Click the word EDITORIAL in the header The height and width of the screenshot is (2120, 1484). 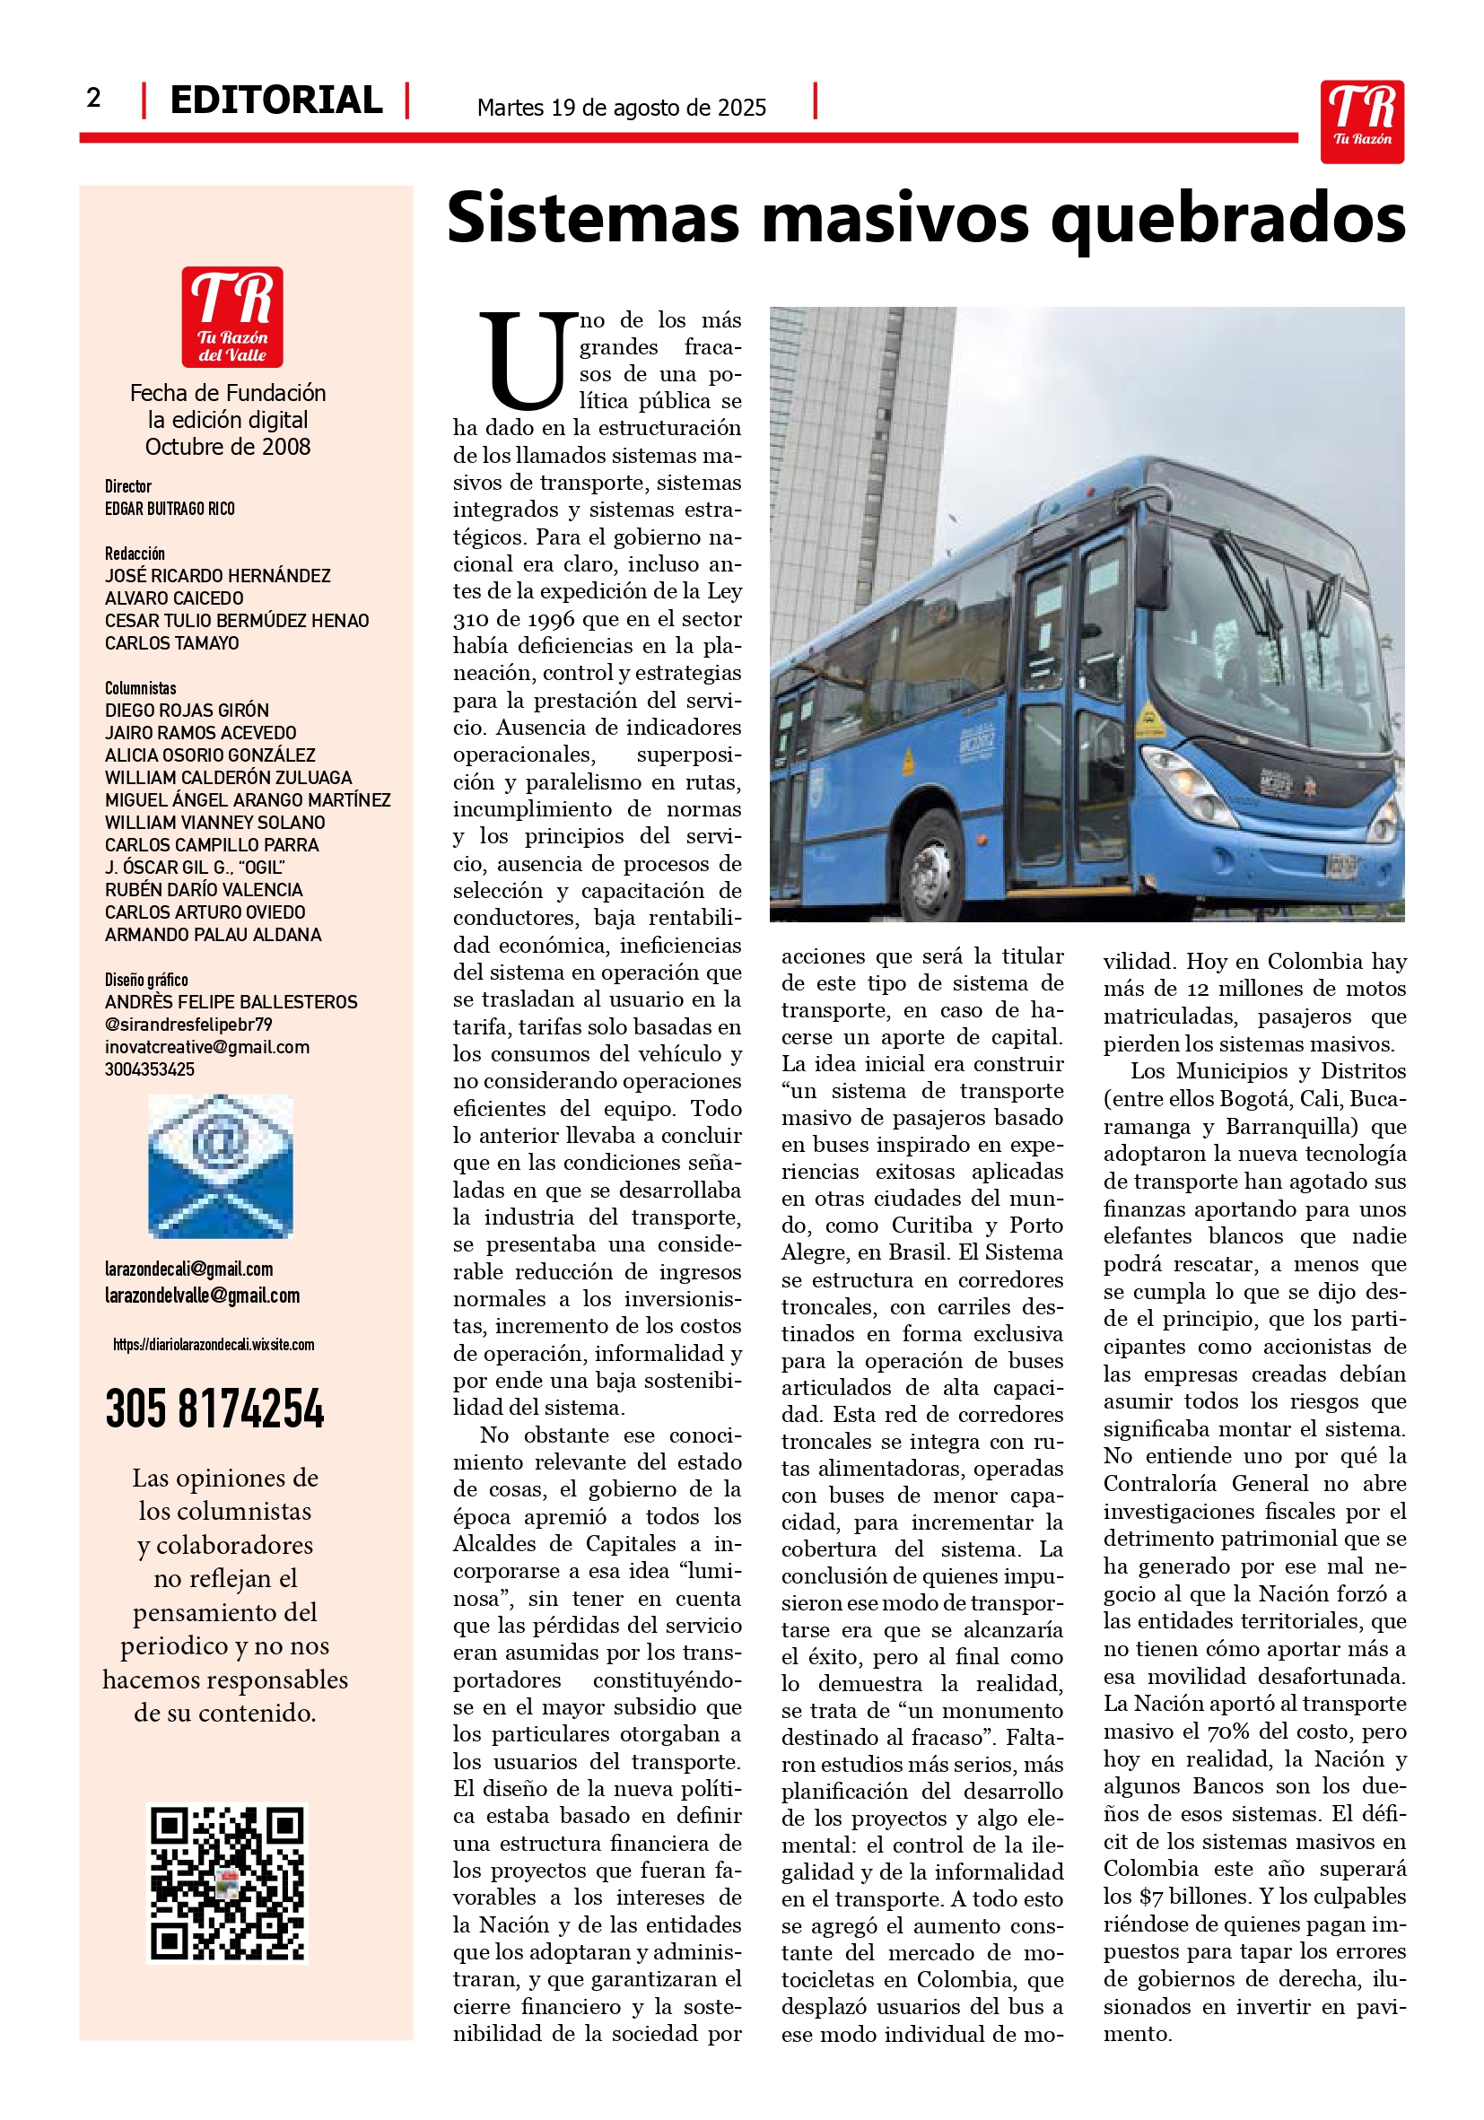click(275, 100)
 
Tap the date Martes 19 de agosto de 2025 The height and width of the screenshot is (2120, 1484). click(621, 108)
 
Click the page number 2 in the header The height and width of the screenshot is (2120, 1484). click(93, 98)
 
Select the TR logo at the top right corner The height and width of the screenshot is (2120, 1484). click(1361, 121)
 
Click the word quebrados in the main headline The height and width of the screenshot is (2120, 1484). click(1227, 220)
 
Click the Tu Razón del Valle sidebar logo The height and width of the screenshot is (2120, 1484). click(231, 317)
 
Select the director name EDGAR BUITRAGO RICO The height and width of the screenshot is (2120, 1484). click(169, 509)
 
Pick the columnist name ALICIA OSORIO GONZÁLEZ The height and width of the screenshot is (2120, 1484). click(210, 755)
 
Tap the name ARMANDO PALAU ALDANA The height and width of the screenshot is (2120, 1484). click(213, 935)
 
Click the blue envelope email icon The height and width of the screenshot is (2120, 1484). click(220, 1166)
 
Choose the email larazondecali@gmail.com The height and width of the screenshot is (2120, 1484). click(188, 1269)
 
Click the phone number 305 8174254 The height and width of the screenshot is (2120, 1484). click(214, 1409)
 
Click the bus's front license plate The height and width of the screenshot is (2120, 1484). click(1341, 865)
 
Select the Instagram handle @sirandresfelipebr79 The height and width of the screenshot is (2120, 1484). click(188, 1024)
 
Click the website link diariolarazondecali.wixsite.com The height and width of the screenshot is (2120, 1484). click(214, 1344)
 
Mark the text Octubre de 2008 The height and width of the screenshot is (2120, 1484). click(227, 447)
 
